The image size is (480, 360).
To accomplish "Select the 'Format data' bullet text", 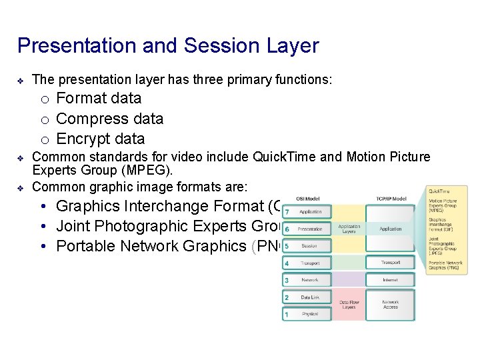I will (x=99, y=99).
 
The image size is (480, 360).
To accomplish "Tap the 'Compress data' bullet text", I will (x=109, y=119).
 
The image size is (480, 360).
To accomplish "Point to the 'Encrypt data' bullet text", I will (x=100, y=139).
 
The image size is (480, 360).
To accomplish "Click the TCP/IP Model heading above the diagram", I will (x=390, y=198).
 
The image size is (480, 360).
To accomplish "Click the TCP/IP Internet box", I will (x=390, y=280).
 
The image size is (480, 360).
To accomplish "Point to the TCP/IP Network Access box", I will (x=390, y=305).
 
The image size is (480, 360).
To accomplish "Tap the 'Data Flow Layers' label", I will (x=349, y=305).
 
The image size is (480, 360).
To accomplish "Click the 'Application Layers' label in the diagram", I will (x=349, y=229).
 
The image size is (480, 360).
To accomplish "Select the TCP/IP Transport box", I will (x=390, y=263).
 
